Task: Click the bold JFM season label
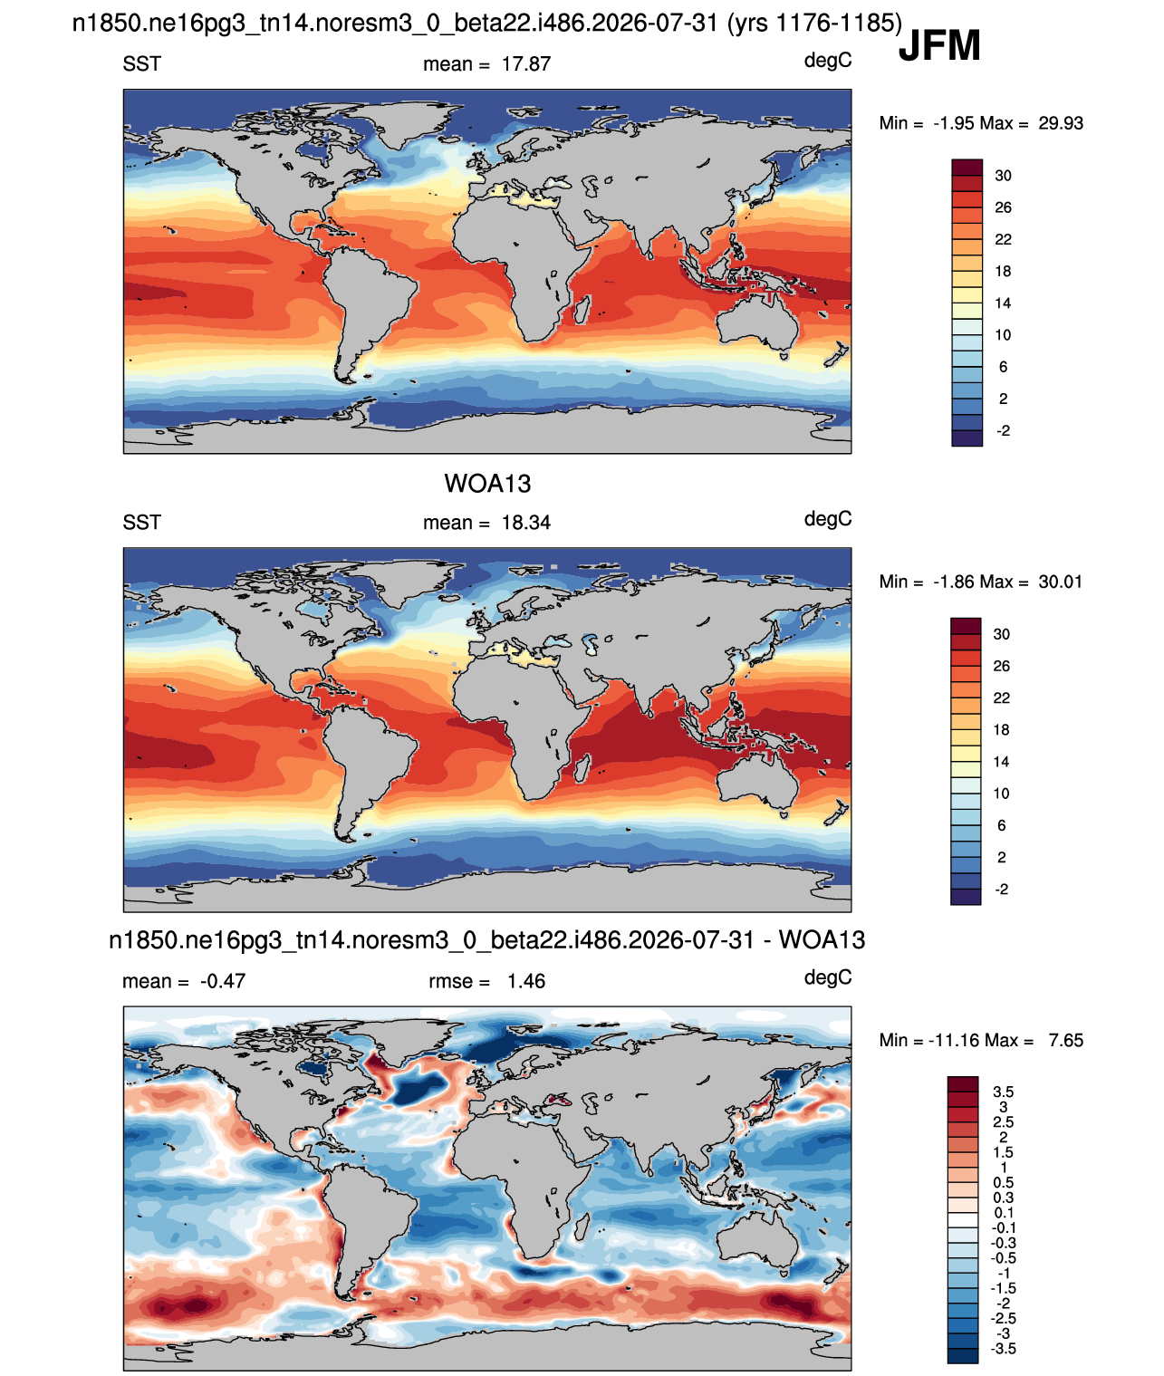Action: coord(939,45)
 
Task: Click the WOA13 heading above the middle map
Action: coord(487,484)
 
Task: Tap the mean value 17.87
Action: coord(525,64)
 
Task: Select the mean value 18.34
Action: coord(525,523)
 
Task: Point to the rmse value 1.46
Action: coord(525,981)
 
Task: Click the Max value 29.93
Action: coord(1060,123)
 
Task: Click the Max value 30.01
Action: coord(1060,582)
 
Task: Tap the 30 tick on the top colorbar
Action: coord(1002,176)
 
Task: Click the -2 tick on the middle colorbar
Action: coord(1002,890)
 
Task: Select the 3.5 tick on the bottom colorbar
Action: coord(1003,1092)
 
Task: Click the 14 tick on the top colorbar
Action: coord(1002,303)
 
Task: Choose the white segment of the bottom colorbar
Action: coord(962,1220)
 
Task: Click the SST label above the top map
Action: coord(141,64)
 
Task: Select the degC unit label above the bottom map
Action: coord(827,977)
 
